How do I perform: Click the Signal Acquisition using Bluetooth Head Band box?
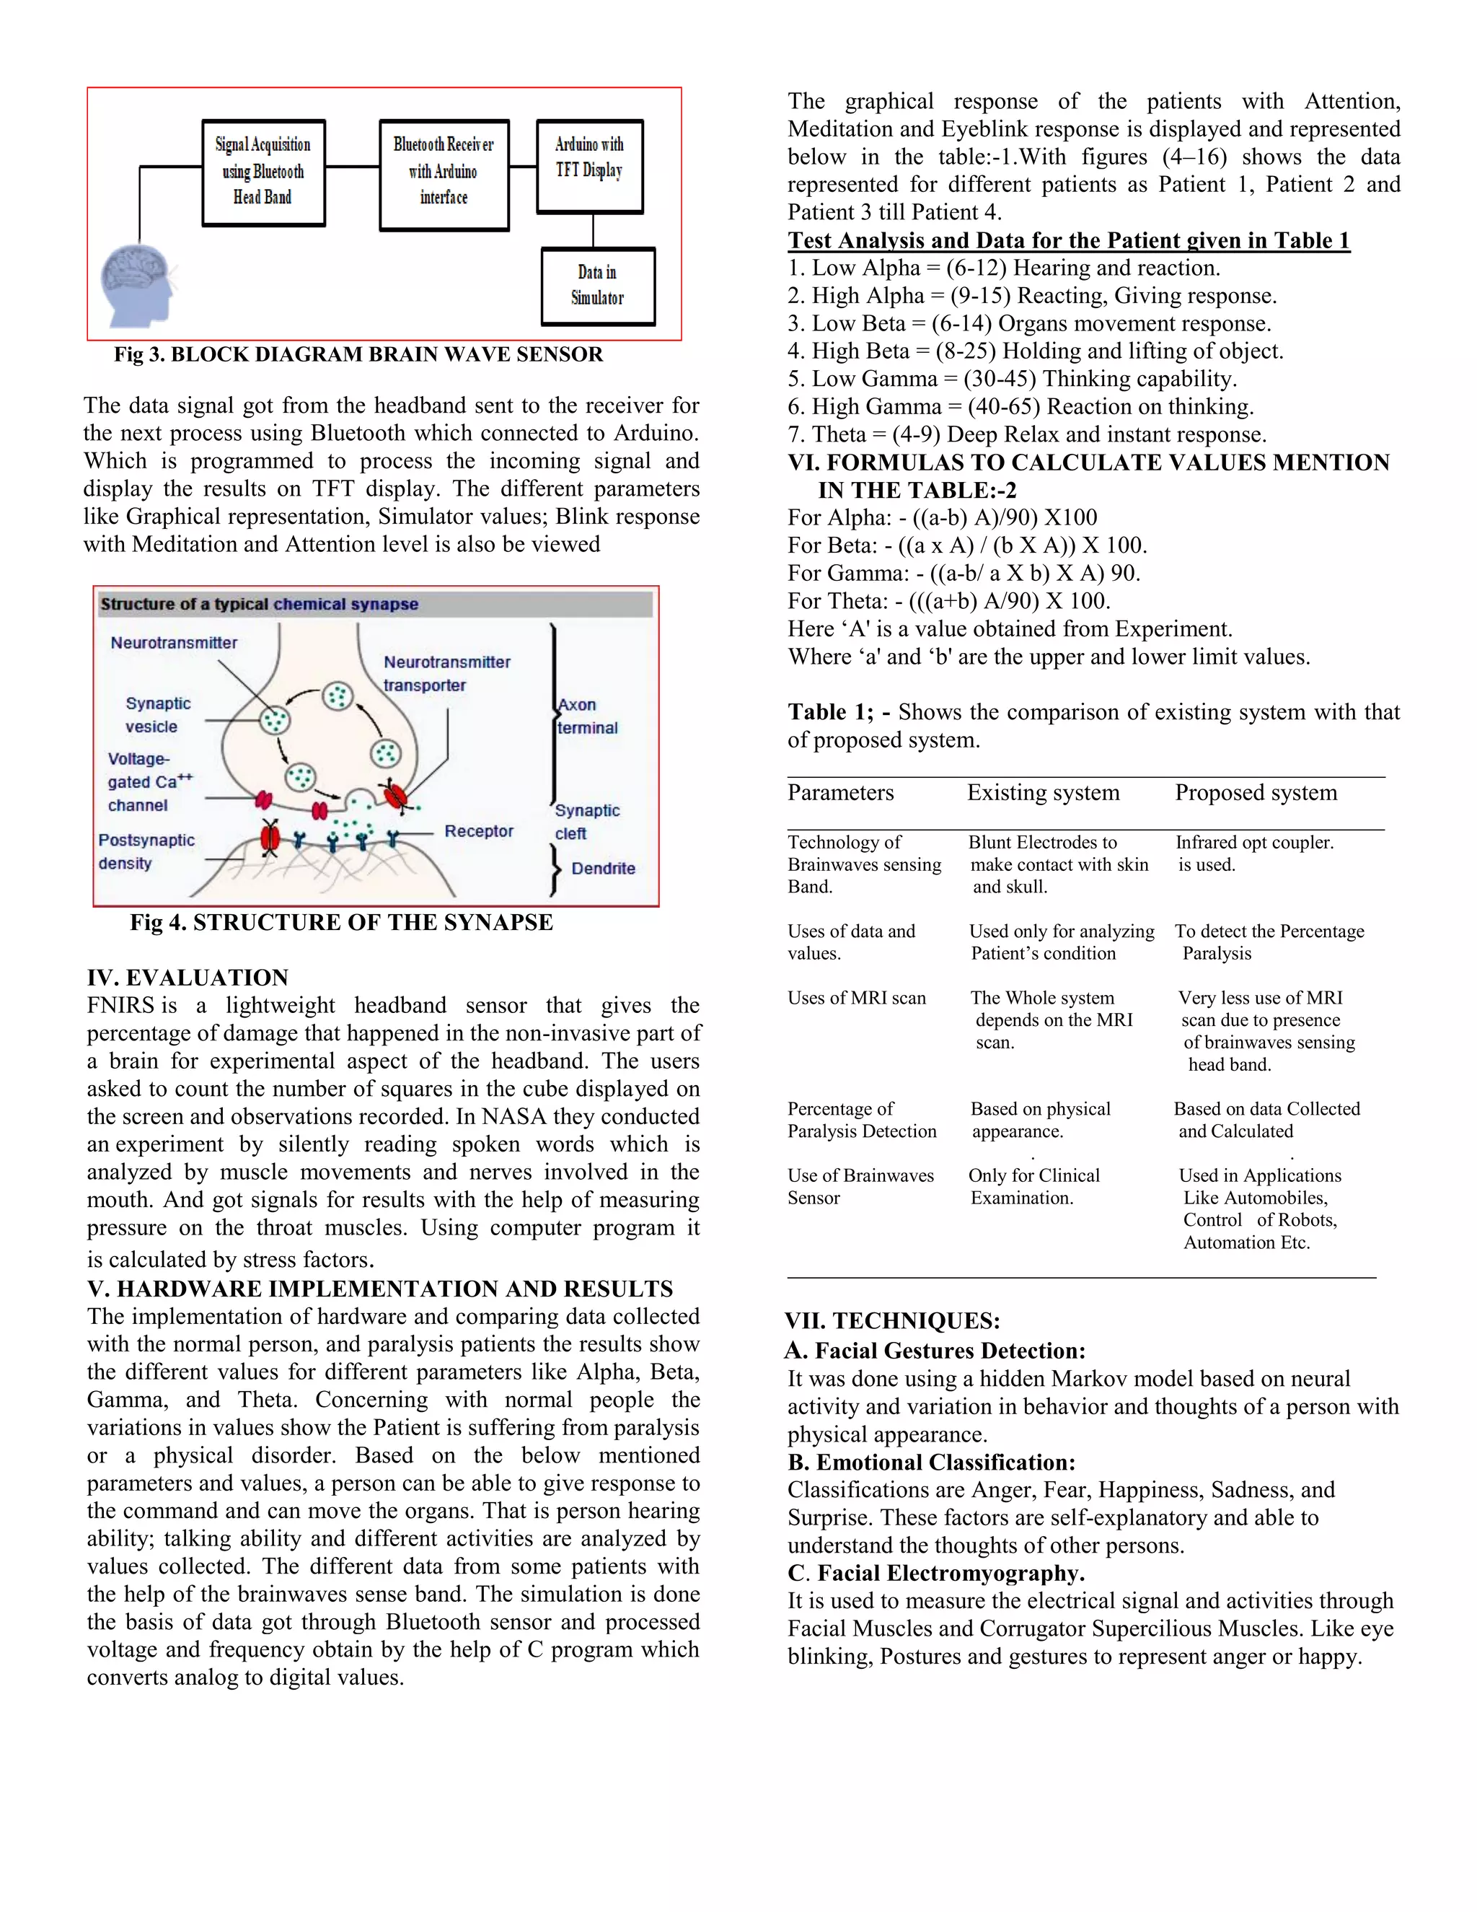(x=263, y=172)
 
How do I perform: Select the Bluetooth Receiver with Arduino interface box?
(x=444, y=174)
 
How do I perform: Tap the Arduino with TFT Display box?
(x=589, y=165)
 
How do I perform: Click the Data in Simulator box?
(x=598, y=286)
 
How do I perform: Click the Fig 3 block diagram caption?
(x=358, y=354)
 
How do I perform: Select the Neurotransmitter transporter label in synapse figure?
(x=446, y=673)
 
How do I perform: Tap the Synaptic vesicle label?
(x=157, y=714)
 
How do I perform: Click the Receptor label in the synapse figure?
(x=479, y=830)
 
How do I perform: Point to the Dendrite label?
(x=603, y=869)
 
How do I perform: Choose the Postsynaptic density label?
(x=146, y=851)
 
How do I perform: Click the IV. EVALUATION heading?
(x=188, y=977)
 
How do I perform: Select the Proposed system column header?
(x=1256, y=792)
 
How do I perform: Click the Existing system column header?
(x=1043, y=792)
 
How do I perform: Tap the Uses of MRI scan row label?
(x=857, y=998)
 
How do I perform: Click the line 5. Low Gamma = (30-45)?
(x=1012, y=379)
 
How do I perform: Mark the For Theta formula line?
(x=948, y=602)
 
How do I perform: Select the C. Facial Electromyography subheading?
(x=936, y=1573)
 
